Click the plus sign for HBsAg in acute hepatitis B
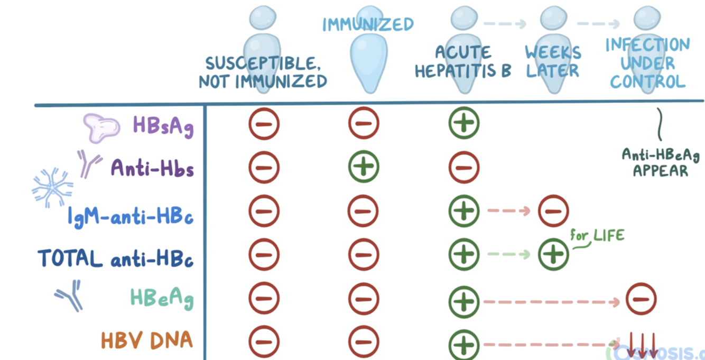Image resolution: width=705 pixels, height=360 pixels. [463, 124]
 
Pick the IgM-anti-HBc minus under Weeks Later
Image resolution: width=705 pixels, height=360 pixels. [553, 211]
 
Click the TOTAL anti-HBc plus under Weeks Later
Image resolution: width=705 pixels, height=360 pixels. [553, 255]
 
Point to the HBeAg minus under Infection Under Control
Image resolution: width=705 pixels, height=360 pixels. [641, 298]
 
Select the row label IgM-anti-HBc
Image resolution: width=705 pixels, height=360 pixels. [131, 216]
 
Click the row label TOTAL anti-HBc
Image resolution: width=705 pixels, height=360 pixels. [115, 259]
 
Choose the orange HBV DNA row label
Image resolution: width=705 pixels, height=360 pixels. [147, 340]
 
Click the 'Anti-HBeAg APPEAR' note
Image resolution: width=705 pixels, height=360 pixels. [660, 162]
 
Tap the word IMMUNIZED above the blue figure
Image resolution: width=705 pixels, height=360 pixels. [368, 25]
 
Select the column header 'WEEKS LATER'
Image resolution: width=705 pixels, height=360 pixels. [553, 61]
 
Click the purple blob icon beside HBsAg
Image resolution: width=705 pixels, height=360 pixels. [101, 127]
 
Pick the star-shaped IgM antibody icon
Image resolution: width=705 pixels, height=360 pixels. [52, 187]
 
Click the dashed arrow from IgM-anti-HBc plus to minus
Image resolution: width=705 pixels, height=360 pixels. [508, 211]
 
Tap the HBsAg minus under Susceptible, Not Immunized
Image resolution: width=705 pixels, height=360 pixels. [264, 124]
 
